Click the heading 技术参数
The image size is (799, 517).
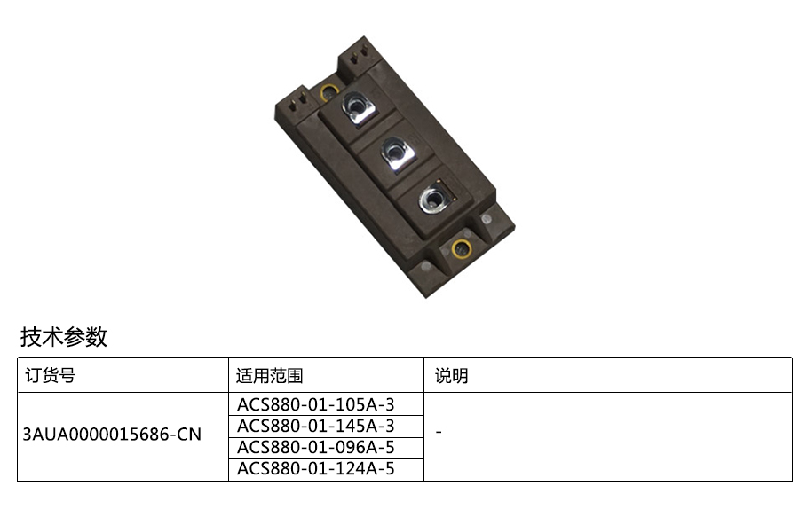64,337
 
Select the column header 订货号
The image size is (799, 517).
51,375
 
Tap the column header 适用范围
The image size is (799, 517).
270,376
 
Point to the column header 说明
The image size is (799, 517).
452,376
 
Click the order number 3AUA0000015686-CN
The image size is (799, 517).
112,435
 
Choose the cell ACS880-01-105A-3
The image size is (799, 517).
316,404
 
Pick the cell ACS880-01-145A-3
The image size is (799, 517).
316,426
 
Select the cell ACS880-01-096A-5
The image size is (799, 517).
316,447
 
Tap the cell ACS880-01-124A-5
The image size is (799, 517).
316,468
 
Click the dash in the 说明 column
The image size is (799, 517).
439,433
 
